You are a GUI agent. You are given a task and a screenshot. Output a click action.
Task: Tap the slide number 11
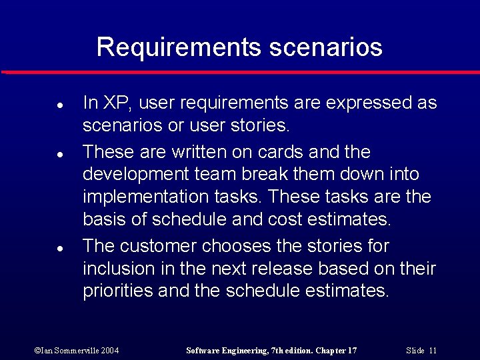pos(433,351)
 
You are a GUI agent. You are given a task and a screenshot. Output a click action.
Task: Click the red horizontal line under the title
pos(240,72)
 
